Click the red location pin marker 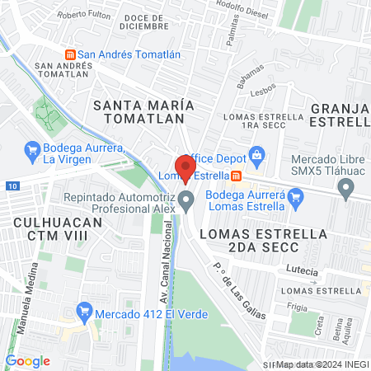pyautogui.click(x=185, y=167)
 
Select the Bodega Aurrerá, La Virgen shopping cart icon pyautogui.click(x=33, y=149)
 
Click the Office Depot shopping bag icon pyautogui.click(x=257, y=154)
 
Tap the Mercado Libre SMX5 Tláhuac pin pyautogui.click(x=346, y=189)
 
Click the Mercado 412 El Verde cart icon pyautogui.click(x=82, y=312)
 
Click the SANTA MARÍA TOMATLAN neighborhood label pyautogui.click(x=143, y=112)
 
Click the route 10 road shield pyautogui.click(x=8, y=186)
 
